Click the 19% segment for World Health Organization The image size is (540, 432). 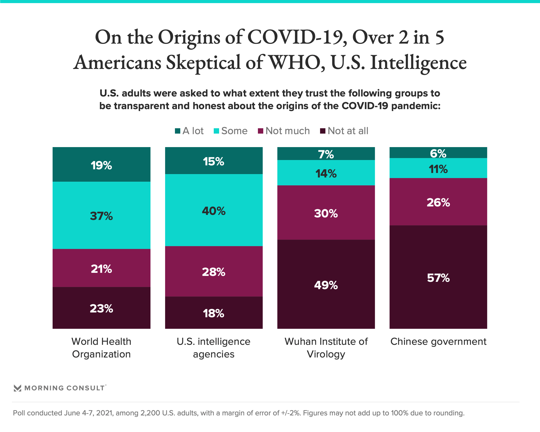[101, 165]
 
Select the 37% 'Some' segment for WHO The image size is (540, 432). [101, 215]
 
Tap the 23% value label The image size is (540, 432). [101, 309]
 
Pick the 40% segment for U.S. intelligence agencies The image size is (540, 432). [214, 210]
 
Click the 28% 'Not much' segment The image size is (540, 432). [214, 271]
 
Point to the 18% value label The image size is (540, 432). [214, 313]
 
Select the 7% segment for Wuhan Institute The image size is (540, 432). [326, 154]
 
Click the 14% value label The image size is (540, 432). [326, 174]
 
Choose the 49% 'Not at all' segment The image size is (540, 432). [326, 285]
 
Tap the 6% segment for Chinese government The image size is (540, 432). [438, 153]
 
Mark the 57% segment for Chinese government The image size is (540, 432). [438, 277]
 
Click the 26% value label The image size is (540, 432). [438, 202]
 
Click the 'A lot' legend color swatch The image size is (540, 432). [177, 131]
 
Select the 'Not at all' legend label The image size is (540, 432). [348, 131]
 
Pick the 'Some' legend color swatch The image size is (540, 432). [216, 131]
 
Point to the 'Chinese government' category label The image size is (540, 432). [438, 341]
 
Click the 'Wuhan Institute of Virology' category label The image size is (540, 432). [326, 348]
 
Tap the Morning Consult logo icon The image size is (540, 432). [17, 388]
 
